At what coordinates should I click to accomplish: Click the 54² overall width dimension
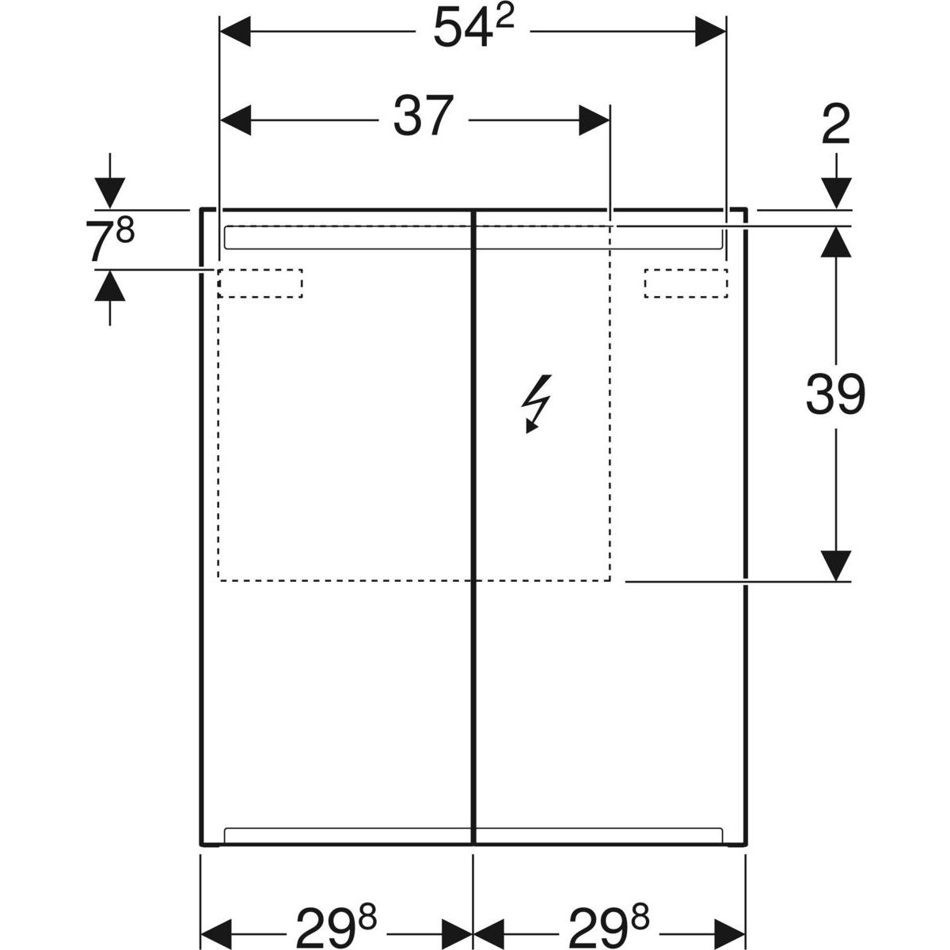(x=473, y=28)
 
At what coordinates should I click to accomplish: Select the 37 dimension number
(x=423, y=116)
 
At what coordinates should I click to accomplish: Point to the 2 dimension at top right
(x=836, y=125)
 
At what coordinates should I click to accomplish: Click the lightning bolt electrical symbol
(x=537, y=404)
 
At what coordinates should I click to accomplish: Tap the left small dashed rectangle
(x=260, y=283)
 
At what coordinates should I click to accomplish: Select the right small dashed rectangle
(x=686, y=283)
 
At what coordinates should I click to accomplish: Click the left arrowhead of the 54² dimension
(x=235, y=31)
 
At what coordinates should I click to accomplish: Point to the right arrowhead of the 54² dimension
(x=710, y=31)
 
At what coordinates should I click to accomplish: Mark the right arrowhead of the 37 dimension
(x=595, y=120)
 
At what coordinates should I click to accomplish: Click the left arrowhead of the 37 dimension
(x=235, y=120)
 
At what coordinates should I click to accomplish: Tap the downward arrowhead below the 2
(x=836, y=193)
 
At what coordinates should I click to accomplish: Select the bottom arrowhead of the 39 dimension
(x=836, y=566)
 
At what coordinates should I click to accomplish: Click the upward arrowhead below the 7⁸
(x=109, y=285)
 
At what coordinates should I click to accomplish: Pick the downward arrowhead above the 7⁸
(x=109, y=193)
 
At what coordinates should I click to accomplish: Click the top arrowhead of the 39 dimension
(x=836, y=241)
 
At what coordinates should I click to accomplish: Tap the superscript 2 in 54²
(x=503, y=21)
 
